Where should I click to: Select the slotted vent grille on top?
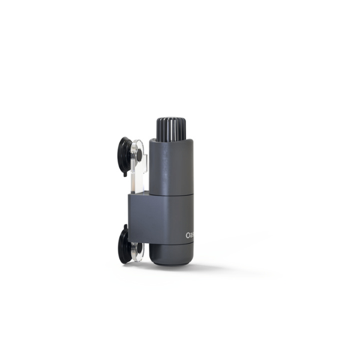(172, 129)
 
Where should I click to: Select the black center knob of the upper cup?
(139, 155)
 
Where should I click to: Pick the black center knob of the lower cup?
(138, 246)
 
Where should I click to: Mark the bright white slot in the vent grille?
(170, 128)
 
